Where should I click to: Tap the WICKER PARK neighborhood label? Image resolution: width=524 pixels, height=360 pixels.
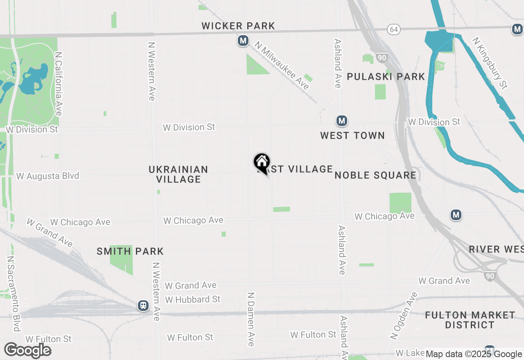(238, 26)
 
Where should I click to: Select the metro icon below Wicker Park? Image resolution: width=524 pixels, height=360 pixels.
(243, 40)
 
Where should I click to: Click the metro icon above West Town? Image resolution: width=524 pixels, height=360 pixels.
(341, 121)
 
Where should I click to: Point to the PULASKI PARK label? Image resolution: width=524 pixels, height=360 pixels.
(386, 77)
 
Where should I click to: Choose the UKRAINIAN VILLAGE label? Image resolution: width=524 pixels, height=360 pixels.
(178, 174)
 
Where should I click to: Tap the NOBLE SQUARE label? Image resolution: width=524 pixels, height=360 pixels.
(375, 175)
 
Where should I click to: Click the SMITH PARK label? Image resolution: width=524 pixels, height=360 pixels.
(130, 251)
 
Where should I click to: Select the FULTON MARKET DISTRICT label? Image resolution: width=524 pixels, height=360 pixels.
(470, 320)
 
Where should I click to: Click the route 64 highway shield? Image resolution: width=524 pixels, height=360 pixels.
(394, 29)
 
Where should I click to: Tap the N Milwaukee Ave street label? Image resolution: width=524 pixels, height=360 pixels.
(282, 65)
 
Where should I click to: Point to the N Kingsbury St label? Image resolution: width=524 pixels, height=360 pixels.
(490, 63)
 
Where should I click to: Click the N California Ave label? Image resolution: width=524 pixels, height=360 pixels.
(59, 83)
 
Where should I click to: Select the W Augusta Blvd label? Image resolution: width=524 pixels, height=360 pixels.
(47, 176)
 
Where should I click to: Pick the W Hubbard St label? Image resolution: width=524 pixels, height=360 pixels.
(192, 299)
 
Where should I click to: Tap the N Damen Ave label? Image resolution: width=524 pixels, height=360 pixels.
(251, 319)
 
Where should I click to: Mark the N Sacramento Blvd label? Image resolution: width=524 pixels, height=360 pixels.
(14, 294)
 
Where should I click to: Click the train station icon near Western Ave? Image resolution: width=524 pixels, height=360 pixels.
(143, 306)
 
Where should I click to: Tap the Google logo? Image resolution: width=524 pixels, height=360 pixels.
(27, 350)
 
